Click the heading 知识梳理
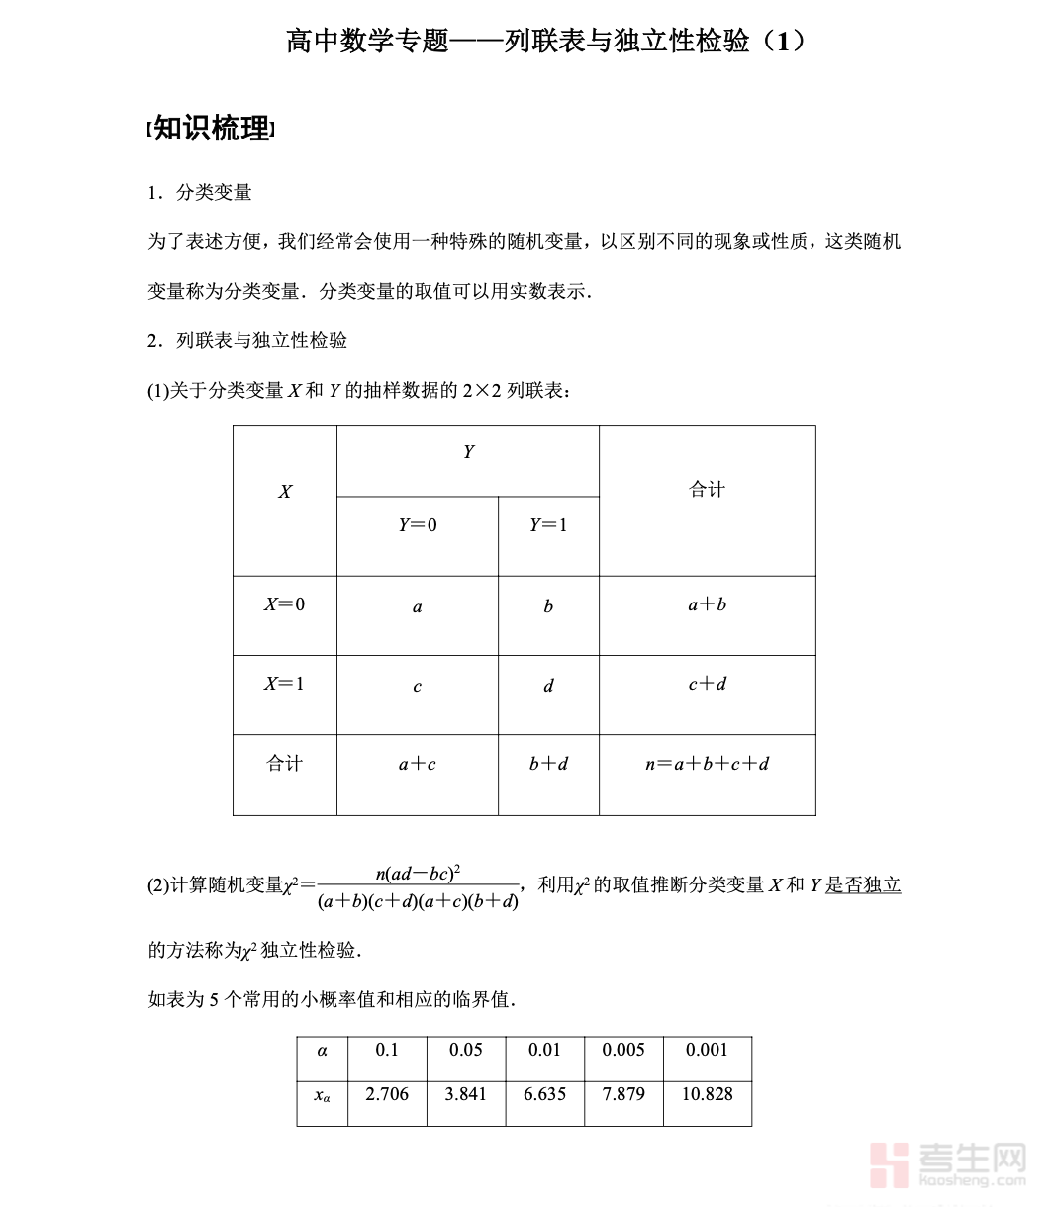211,129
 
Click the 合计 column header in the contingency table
707,490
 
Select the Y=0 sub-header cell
418,525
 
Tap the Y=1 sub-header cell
548,525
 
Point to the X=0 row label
285,604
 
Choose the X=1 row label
285,684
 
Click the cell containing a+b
707,604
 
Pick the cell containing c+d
707,684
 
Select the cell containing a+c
418,764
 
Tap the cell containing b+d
548,764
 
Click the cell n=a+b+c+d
707,764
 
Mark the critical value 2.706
387,1094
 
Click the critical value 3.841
466,1094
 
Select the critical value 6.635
545,1094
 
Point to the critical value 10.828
708,1094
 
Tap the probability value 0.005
623,1050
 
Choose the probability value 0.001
708,1050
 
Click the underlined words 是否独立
863,885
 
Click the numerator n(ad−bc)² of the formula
419,873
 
